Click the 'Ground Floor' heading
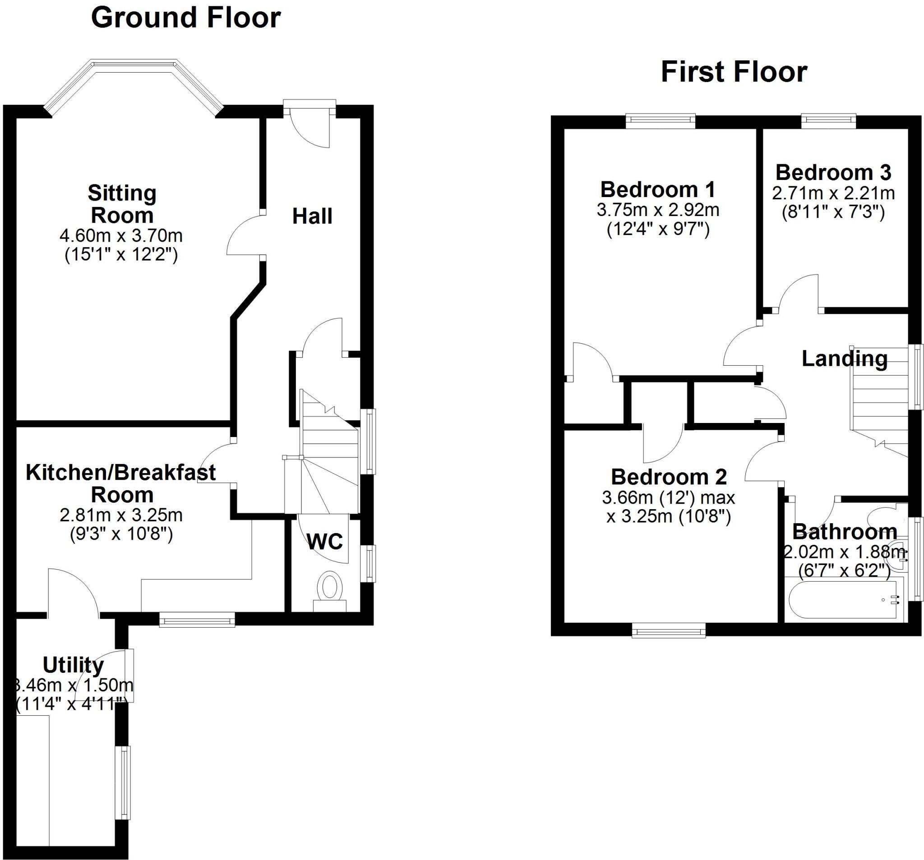point(185,18)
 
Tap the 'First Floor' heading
point(734,73)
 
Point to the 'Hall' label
point(312,216)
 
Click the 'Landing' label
point(845,359)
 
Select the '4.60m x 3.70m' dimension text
point(121,236)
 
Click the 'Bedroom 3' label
point(833,173)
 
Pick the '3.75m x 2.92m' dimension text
point(658,210)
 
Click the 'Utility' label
point(73,665)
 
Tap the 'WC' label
point(325,541)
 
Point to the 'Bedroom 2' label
point(668,477)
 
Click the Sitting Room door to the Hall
point(244,236)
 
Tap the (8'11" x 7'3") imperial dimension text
point(833,212)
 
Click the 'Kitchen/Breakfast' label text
point(120,473)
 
